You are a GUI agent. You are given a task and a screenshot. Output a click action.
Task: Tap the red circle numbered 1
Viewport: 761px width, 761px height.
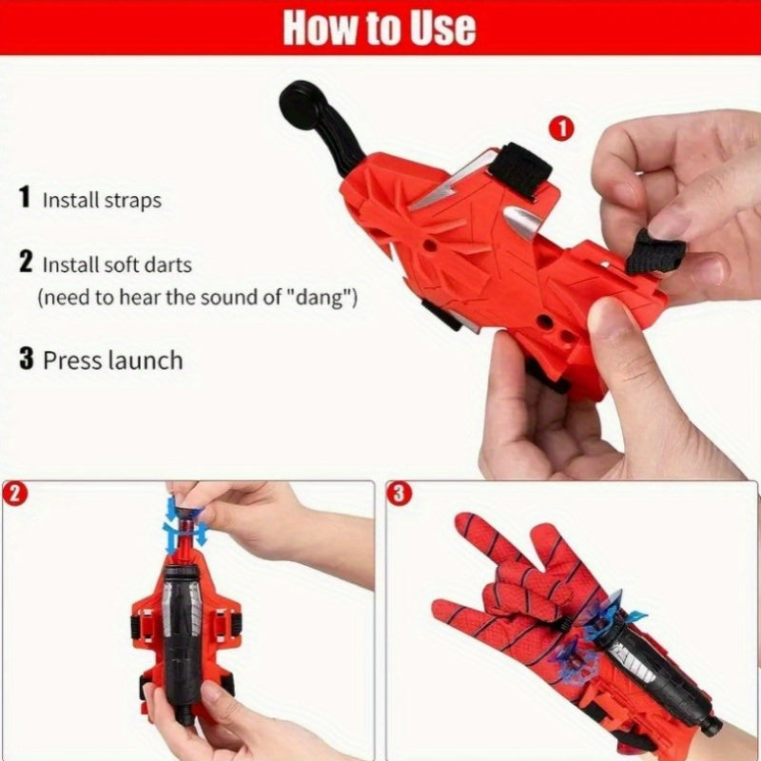click(562, 130)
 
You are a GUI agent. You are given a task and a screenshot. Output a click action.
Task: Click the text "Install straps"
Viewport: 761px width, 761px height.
click(102, 201)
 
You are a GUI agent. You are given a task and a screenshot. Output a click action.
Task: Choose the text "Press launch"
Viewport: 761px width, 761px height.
click(112, 361)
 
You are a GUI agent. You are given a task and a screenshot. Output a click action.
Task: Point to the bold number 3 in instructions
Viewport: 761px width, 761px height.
click(27, 360)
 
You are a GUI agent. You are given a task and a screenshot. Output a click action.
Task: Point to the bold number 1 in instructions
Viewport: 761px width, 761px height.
click(25, 199)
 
